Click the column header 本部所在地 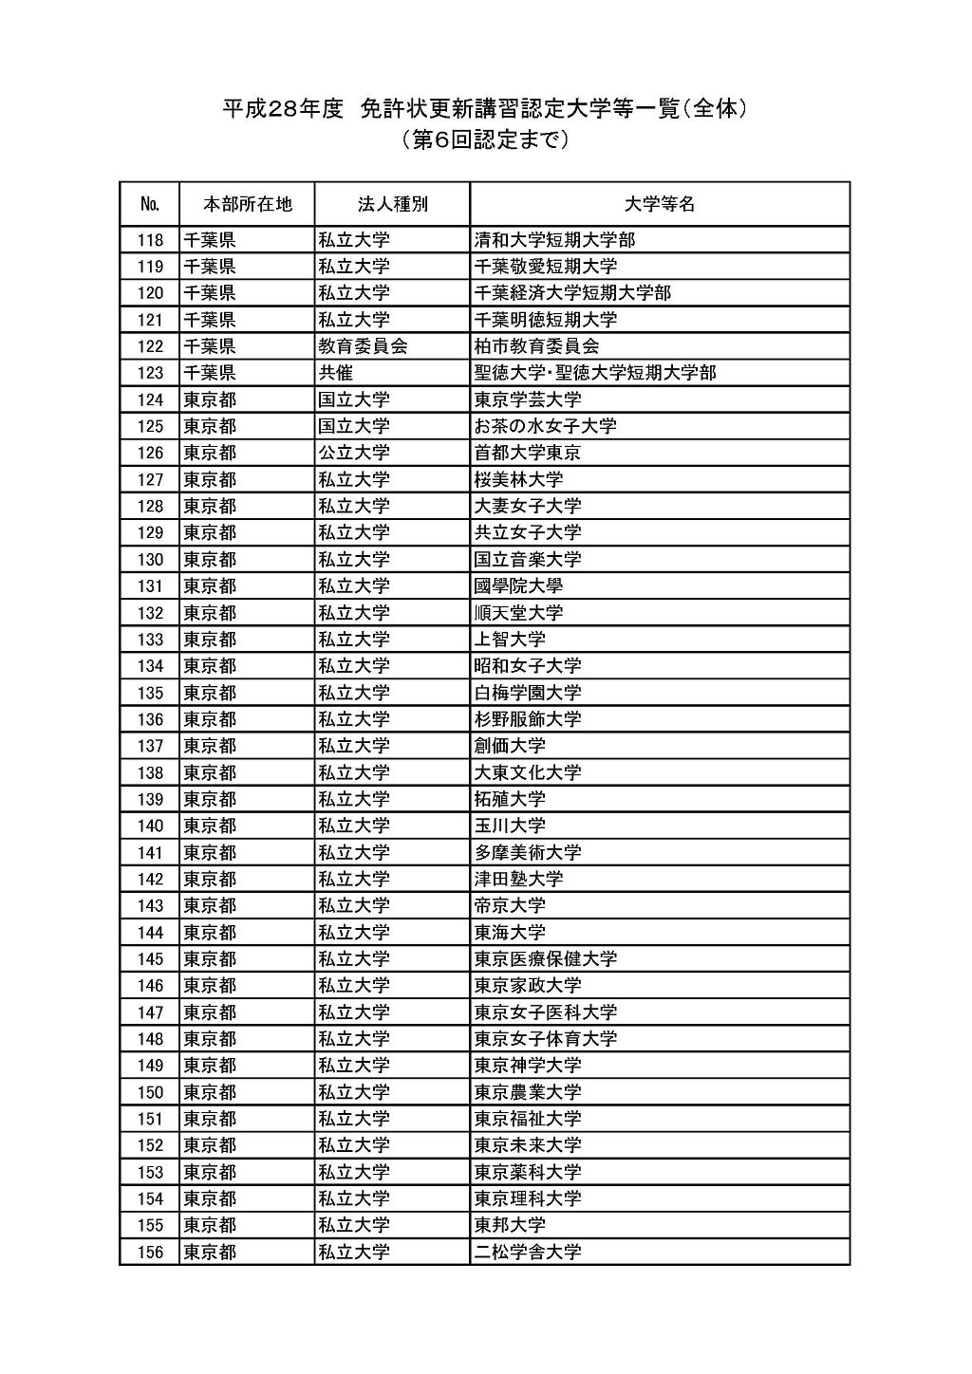(247, 204)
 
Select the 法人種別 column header (392, 204)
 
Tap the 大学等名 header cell (660, 204)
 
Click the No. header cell (150, 204)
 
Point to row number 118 (150, 240)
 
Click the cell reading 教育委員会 (363, 346)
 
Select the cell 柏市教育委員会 (536, 346)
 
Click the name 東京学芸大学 (528, 399)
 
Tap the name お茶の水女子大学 (545, 426)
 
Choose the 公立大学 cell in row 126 (354, 453)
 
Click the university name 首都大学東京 (528, 453)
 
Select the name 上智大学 (510, 640)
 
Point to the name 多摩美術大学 (528, 852)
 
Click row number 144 (150, 933)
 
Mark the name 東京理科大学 (528, 1198)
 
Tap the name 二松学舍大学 (528, 1253)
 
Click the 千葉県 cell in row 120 (210, 293)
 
